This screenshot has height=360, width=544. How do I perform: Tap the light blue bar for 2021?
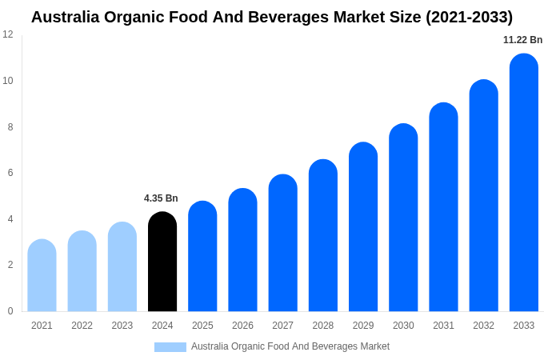(x=42, y=275)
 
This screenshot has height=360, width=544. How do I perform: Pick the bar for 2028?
(x=323, y=235)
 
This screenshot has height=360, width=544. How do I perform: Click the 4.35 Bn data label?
(x=161, y=198)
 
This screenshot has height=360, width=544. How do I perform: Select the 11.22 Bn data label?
(x=522, y=40)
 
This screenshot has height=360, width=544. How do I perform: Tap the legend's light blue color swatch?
(x=170, y=347)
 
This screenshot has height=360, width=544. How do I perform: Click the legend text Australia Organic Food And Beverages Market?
(x=290, y=346)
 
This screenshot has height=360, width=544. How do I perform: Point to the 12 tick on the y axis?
(x=8, y=34)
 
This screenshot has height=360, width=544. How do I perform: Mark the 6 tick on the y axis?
(x=10, y=173)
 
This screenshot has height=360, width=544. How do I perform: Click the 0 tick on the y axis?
(x=10, y=311)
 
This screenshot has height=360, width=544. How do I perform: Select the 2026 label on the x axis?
(x=242, y=326)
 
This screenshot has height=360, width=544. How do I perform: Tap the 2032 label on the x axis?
(x=483, y=326)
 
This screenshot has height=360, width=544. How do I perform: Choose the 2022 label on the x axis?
(x=82, y=326)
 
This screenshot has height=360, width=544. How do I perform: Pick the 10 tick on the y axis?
(x=8, y=81)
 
